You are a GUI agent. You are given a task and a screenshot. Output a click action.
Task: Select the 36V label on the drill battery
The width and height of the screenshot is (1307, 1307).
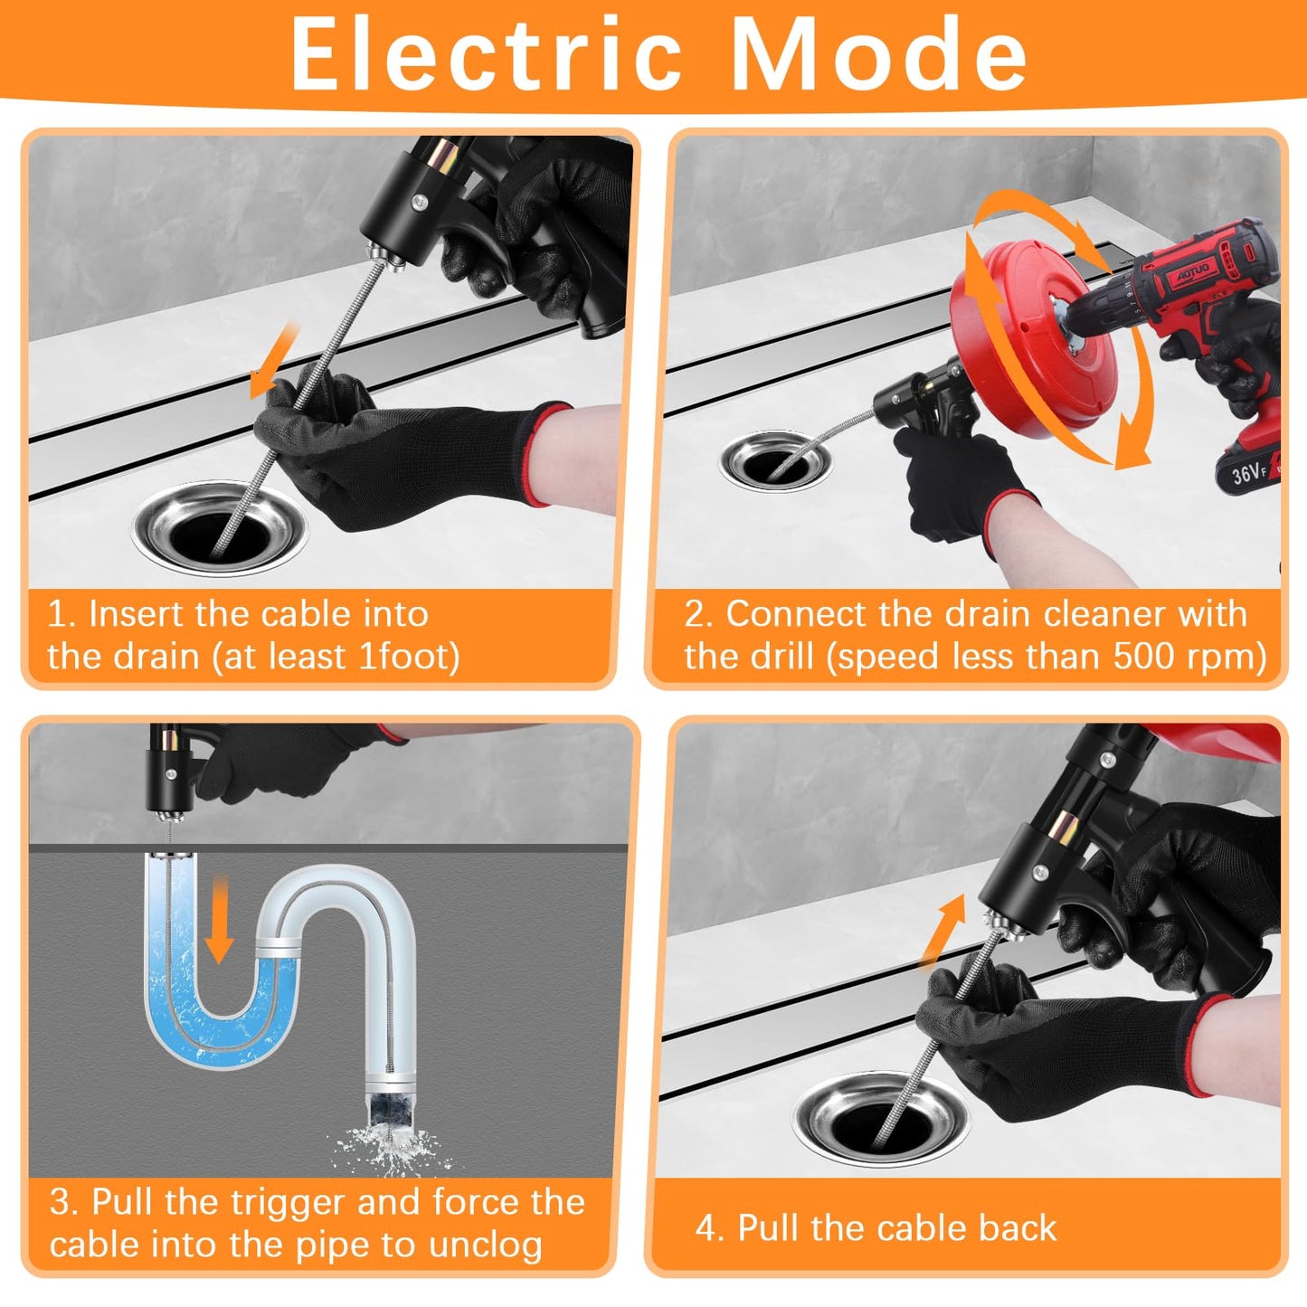(x=1249, y=471)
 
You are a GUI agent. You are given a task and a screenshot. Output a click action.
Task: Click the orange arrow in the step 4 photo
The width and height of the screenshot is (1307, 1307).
(x=942, y=932)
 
